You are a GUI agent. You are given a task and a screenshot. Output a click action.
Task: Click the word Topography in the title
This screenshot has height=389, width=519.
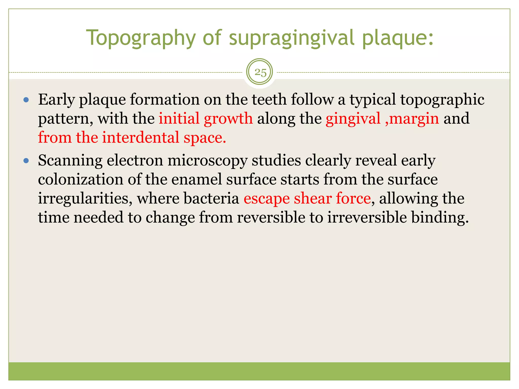141,38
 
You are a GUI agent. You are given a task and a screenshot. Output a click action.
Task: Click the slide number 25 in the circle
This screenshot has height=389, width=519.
260,73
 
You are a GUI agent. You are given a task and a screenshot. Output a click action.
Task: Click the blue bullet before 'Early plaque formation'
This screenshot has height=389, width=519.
26,100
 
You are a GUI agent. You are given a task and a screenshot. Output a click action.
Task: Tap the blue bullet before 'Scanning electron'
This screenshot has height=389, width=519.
26,161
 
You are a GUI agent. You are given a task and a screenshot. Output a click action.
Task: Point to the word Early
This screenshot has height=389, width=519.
56,100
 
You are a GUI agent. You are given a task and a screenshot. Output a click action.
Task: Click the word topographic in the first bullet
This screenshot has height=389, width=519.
442,100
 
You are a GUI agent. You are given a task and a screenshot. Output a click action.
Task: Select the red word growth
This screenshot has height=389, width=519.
228,118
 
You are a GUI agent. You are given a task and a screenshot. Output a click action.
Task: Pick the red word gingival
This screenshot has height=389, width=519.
353,118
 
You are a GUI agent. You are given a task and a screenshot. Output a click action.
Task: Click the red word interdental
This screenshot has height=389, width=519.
141,138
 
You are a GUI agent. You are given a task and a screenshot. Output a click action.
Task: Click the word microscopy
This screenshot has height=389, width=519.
207,161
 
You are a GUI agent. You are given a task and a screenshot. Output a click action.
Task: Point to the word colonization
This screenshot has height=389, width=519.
81,179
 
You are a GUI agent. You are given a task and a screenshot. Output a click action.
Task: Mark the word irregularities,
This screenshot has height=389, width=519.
85,198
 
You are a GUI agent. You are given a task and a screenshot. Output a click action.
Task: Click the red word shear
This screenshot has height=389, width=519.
313,198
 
